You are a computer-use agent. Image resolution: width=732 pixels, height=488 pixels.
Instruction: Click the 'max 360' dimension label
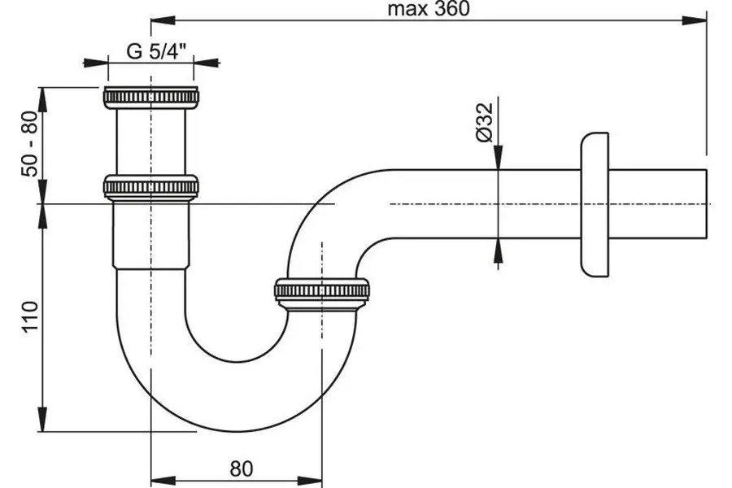tap(429, 9)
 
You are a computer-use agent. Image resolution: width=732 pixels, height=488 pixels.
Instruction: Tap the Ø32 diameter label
tap(486, 123)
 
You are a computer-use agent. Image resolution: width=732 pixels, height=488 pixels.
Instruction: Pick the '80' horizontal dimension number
tap(241, 468)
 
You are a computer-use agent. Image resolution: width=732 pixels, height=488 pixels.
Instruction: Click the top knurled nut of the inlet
tap(151, 97)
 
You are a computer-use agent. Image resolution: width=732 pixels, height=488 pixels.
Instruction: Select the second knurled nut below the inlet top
tap(151, 186)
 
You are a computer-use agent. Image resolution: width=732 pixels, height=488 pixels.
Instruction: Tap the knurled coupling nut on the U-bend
tap(322, 290)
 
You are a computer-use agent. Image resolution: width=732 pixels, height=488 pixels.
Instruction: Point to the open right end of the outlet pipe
tap(706, 203)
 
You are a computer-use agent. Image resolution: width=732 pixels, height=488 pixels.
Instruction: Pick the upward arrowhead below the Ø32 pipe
tap(499, 247)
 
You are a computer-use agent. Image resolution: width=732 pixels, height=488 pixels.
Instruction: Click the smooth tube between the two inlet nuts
tap(151, 142)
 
